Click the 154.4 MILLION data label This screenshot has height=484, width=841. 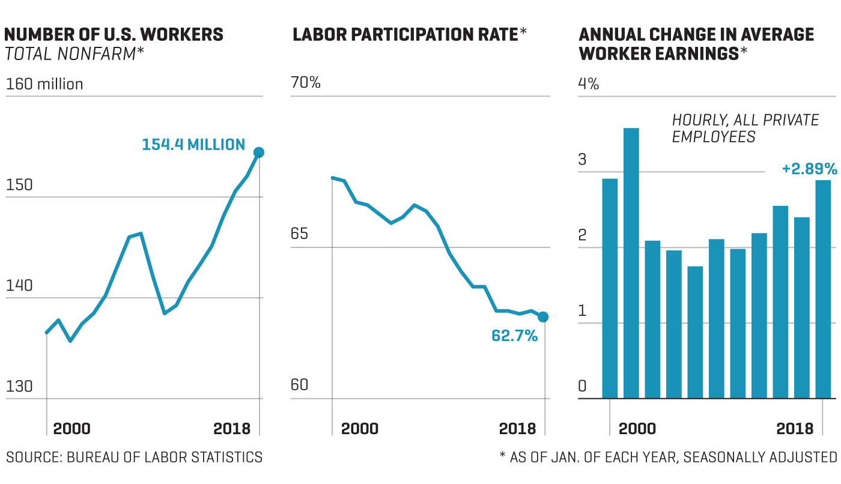coord(193,145)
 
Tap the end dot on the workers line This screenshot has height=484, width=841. coord(259,153)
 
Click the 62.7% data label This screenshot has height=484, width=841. coord(514,336)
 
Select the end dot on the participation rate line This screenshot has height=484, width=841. coord(543,317)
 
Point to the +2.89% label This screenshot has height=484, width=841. coord(809,168)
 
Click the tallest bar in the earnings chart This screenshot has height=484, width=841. coord(631,263)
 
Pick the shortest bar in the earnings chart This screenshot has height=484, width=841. coord(695,332)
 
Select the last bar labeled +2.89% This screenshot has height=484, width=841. coord(823,289)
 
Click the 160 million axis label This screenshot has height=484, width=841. coord(44,84)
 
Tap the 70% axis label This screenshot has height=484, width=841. coord(306,82)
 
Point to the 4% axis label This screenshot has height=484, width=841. coord(589,84)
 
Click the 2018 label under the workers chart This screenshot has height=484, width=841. coord(232,429)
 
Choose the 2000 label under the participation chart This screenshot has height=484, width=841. coord(360,429)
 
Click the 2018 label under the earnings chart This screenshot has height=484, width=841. coord(795,429)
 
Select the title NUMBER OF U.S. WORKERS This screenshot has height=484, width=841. coord(114,35)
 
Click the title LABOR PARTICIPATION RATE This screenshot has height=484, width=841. coord(405,35)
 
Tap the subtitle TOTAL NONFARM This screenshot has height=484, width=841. coord(74,55)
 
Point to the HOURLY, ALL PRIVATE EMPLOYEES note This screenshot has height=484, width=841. coord(745,129)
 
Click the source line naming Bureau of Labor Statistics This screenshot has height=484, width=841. coord(135,457)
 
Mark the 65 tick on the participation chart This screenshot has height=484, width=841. coord(299,234)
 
